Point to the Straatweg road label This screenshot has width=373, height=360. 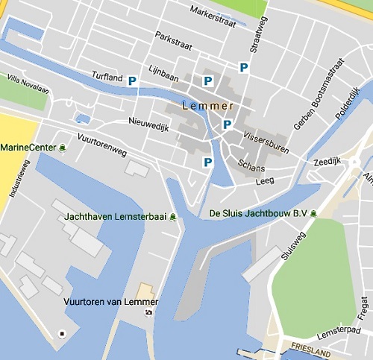click(260, 33)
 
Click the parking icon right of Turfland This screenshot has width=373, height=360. click(133, 80)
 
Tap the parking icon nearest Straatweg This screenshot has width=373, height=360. click(243, 68)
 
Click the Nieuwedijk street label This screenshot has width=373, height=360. click(150, 127)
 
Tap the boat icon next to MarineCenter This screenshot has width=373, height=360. click(63, 148)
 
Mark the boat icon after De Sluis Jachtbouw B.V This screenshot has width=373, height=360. click(314, 214)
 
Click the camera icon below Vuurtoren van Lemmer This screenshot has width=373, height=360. click(148, 312)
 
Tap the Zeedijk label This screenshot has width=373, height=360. click(327, 160)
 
